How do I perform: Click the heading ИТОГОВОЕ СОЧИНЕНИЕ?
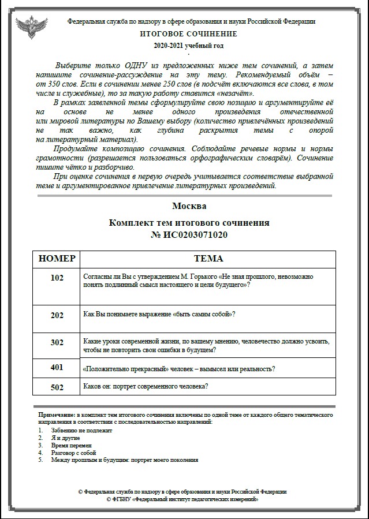click(188, 34)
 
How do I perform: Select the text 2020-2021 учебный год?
click(188, 45)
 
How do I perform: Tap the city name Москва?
click(189, 206)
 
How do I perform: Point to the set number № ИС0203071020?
click(189, 234)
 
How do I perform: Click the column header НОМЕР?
click(57, 259)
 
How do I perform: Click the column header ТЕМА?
click(208, 259)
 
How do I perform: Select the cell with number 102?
click(57, 278)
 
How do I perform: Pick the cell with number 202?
click(57, 315)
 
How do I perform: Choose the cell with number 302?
click(57, 342)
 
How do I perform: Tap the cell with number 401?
click(57, 367)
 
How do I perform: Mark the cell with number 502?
click(57, 387)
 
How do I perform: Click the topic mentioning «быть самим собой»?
click(159, 314)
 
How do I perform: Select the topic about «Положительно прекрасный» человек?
click(178, 368)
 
